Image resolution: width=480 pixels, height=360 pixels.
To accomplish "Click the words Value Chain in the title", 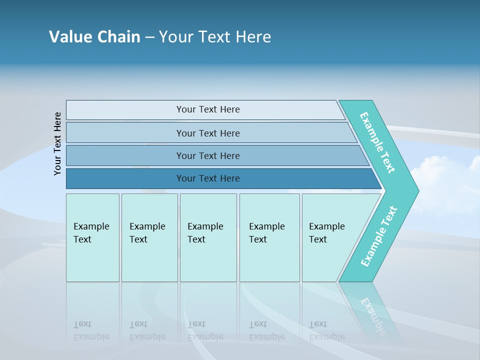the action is pos(94,37).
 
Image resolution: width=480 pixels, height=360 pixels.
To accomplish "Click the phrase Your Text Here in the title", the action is pos(215,37).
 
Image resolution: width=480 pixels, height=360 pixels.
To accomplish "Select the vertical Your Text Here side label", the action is pos(57,143).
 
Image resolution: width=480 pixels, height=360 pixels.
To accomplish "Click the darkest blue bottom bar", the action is pos(125,178).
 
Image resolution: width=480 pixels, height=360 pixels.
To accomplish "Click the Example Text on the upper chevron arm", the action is pos(377,142).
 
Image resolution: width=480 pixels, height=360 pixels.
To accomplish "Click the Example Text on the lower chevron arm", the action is pos(378,236).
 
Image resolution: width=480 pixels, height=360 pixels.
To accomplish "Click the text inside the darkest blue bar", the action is pos(208,178).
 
